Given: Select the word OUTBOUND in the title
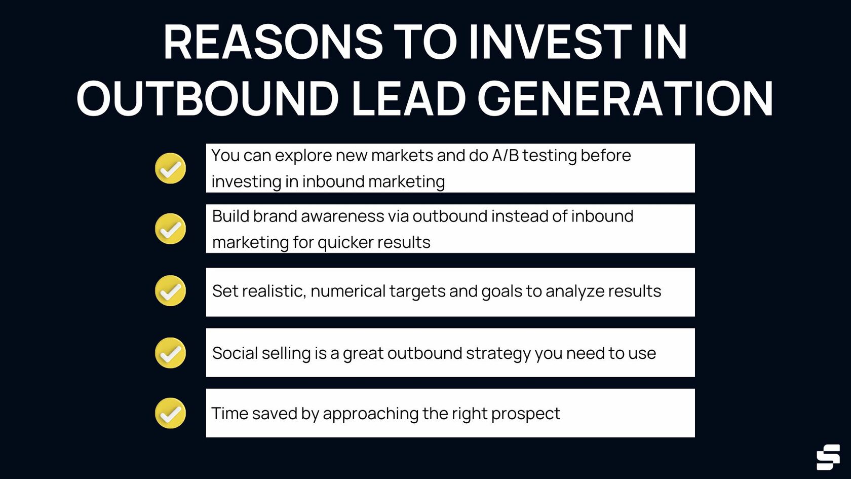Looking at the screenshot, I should coord(207,99).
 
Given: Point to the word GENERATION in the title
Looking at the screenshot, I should coord(625,99).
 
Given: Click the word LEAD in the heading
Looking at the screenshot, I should coord(408,99).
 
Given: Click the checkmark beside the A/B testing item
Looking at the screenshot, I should coord(170,168).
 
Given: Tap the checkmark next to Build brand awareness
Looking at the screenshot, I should coord(170,229).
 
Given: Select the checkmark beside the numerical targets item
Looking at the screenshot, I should coord(170,291).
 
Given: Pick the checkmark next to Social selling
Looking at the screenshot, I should coord(170,353).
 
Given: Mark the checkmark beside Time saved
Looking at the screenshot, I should coord(170,413).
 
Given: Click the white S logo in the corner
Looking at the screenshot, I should coord(828,457).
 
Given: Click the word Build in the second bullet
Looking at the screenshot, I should coord(230,216).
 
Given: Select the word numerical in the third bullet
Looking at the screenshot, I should coord(348,291).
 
